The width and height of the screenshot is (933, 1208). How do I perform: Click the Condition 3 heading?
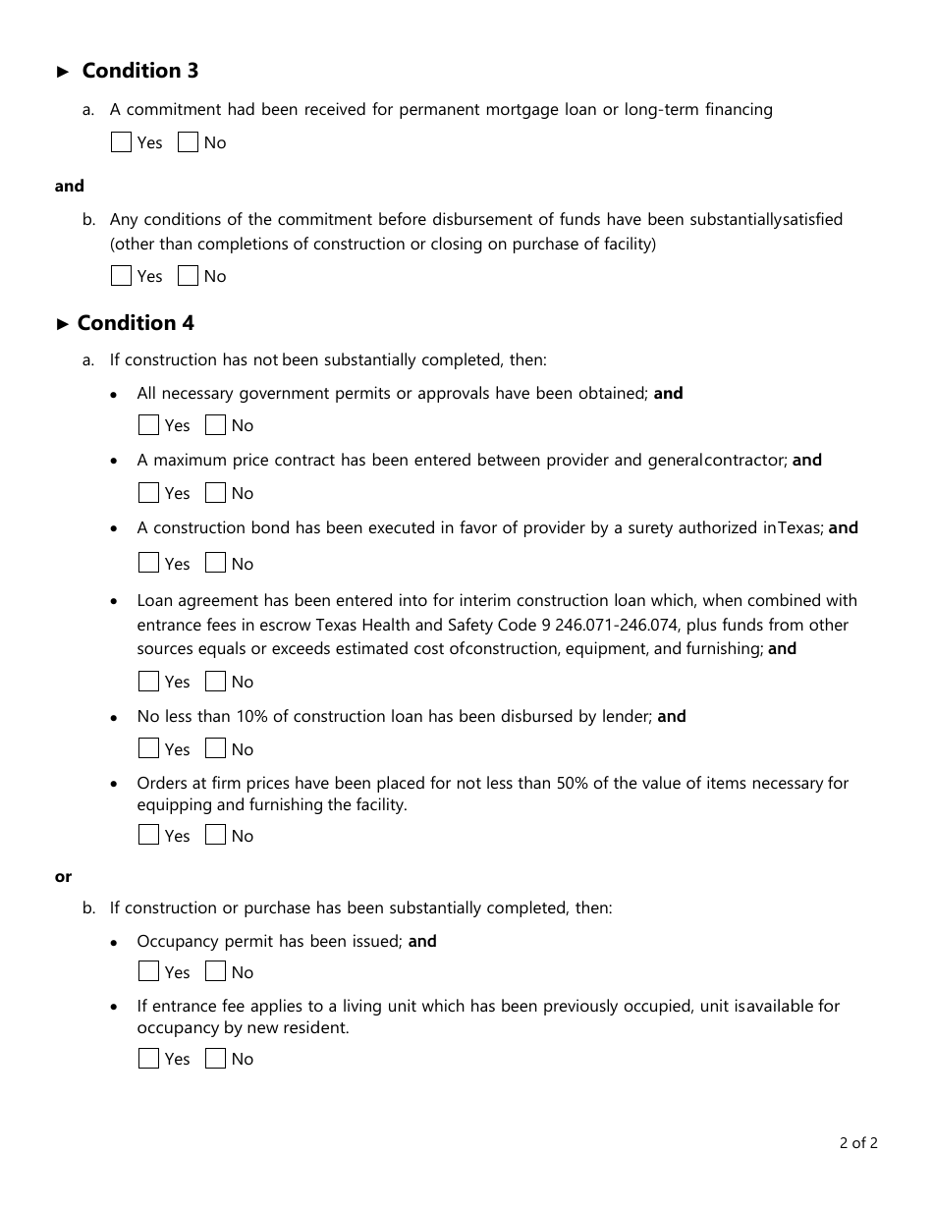(x=139, y=71)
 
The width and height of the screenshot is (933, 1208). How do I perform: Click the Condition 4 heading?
(x=136, y=323)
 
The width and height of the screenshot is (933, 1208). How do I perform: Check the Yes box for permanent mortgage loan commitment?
(x=122, y=142)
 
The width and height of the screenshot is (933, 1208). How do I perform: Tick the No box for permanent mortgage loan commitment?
(x=189, y=142)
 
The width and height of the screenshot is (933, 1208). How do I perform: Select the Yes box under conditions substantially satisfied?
(x=122, y=276)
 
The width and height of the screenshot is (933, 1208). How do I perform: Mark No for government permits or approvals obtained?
(x=216, y=425)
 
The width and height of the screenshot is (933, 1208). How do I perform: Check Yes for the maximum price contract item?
(x=149, y=493)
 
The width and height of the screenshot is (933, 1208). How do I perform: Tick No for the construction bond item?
(x=216, y=564)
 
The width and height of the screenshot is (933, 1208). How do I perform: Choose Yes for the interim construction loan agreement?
(x=149, y=682)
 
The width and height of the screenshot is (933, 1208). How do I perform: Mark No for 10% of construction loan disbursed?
(x=216, y=749)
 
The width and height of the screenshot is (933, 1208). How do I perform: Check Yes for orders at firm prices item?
(x=149, y=836)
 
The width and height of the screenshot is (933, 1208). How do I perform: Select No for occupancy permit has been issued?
(x=216, y=972)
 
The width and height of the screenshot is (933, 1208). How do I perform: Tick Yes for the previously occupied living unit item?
(x=149, y=1059)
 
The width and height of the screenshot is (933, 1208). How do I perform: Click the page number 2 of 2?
(x=857, y=1142)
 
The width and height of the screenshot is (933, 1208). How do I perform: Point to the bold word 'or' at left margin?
(x=63, y=877)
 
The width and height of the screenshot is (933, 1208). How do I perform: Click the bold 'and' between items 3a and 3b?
(x=69, y=187)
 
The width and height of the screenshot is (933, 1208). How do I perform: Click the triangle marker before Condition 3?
(x=64, y=72)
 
